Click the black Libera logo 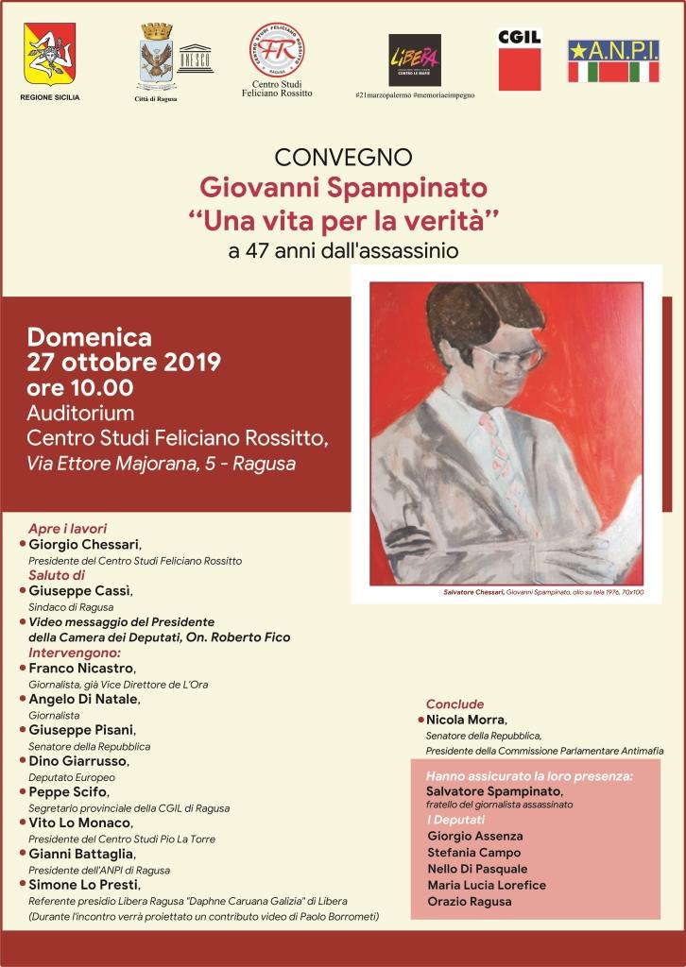tap(415, 60)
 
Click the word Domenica tap(89, 336)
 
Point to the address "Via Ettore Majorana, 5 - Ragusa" tap(161, 464)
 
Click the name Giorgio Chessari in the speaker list tap(84, 545)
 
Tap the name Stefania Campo tap(472, 852)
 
